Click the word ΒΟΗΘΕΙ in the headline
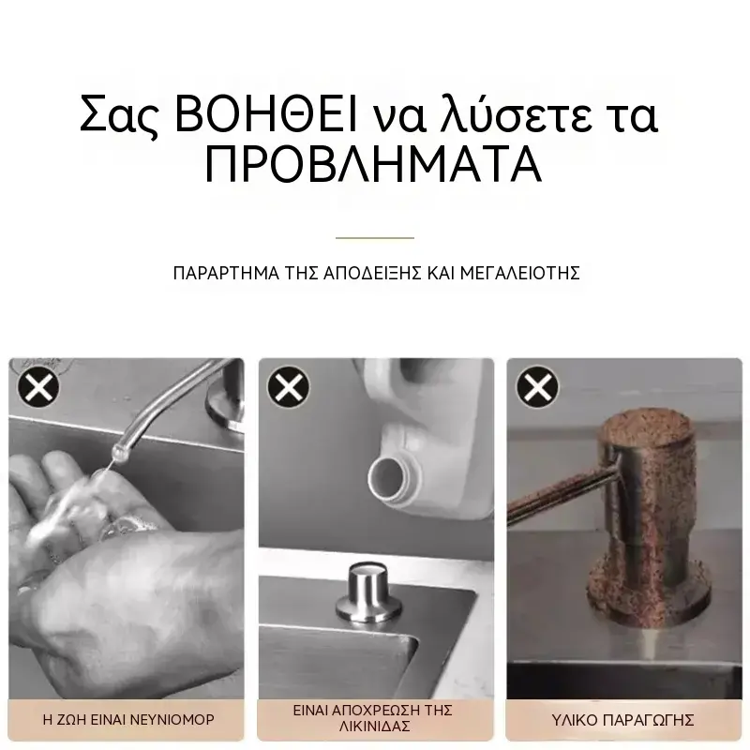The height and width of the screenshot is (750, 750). coord(266,114)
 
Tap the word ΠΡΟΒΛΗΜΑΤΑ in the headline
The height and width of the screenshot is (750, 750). coord(373,164)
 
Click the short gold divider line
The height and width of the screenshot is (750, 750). coord(375,238)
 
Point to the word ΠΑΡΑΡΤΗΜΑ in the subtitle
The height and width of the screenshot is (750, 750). coord(226,273)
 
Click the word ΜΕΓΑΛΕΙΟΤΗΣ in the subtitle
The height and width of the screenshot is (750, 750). coord(520,273)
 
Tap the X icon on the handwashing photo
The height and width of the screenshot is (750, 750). coord(38,387)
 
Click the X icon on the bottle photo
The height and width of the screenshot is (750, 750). coord(289,387)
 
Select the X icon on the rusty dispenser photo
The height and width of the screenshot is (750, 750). coord(537,387)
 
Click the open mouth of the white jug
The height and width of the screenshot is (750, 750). coord(385,479)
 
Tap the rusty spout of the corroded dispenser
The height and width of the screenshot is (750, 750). coord(561,497)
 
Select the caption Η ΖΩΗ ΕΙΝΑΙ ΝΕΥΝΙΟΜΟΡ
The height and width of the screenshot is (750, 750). coord(128,720)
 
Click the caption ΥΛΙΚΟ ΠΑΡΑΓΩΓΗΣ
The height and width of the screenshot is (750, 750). coord(622,720)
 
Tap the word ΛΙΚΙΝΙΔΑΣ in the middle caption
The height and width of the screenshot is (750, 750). coord(374,727)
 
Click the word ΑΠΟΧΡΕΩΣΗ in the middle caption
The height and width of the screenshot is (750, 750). coord(374,711)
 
